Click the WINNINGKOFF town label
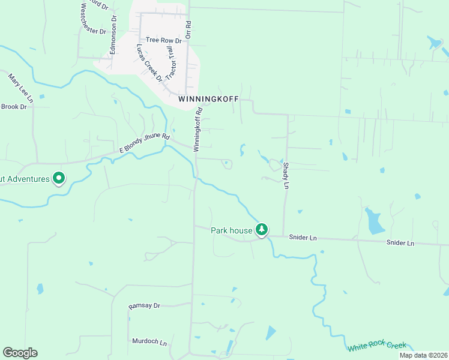208,98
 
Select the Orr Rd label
188,31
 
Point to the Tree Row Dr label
159,40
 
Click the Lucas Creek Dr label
149,62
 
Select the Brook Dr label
14,107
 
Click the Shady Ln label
286,176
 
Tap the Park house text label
232,230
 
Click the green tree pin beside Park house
262,229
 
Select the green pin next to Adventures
59,178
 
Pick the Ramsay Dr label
145,306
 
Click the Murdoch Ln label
149,341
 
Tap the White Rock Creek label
377,346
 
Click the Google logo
20,353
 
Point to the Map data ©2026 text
423,355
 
